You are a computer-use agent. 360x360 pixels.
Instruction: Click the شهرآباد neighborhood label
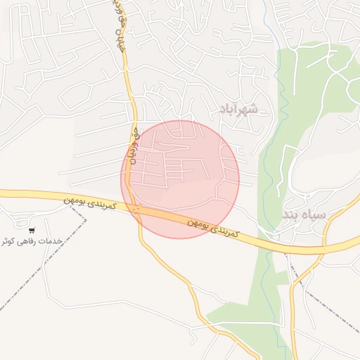pyautogui.click(x=239, y=109)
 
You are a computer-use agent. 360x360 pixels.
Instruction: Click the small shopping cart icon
pyautogui.click(x=32, y=230)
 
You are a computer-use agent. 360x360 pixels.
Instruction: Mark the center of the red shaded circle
pyautogui.click(x=180, y=179)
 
